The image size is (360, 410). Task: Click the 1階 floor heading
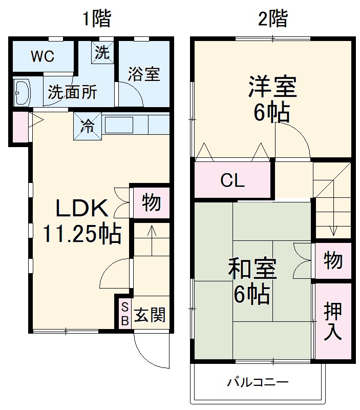tap(97, 19)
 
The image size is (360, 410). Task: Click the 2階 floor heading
tap(272, 19)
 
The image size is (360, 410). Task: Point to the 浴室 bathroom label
tap(144, 75)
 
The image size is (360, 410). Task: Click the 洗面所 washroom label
tap(72, 92)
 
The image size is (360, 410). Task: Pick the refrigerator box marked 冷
tap(88, 126)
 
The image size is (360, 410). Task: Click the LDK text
tap(81, 209)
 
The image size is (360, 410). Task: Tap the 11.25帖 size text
tap(81, 235)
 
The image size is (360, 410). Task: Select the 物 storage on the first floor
tap(151, 203)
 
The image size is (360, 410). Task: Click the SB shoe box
tap(124, 314)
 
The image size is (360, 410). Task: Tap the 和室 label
tap(252, 269)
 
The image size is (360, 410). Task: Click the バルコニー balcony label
tap(258, 382)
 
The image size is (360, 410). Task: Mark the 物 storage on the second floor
tap(333, 261)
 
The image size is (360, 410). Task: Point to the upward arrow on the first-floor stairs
tap(152, 233)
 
